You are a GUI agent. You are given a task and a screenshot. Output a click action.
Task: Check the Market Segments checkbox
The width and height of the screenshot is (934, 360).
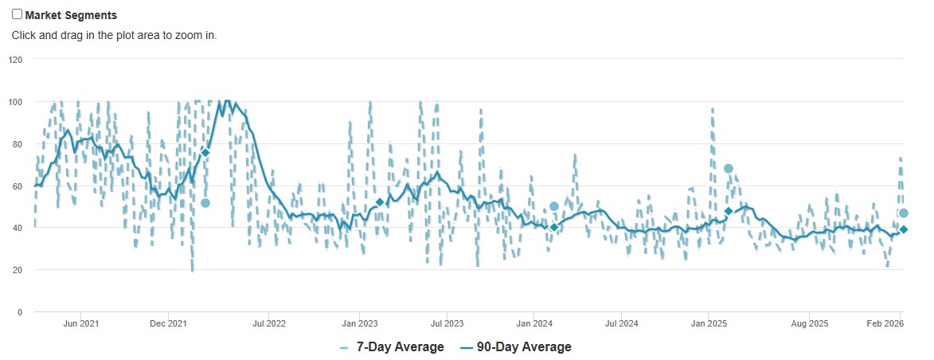[17, 14]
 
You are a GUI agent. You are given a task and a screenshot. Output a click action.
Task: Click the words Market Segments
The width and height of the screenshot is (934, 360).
[71, 15]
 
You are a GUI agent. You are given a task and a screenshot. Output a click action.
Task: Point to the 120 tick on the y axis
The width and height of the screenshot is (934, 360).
[16, 60]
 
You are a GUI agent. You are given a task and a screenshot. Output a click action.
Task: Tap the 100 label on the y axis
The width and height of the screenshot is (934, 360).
[16, 102]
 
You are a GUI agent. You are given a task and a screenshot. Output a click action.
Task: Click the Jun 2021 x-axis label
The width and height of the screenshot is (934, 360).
[81, 323]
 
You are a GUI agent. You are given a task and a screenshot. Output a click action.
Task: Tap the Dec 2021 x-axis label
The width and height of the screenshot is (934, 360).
[168, 323]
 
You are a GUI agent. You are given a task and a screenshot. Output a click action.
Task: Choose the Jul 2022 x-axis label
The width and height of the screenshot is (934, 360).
[269, 323]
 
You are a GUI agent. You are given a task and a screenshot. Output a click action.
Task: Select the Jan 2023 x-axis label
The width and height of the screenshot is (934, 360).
[360, 323]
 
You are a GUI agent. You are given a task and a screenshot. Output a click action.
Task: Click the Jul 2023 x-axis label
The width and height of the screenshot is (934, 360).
[447, 323]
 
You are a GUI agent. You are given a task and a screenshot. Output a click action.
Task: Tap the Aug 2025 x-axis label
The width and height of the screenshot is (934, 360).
[809, 323]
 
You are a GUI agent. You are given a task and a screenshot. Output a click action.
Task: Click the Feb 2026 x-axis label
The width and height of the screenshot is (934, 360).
[885, 323]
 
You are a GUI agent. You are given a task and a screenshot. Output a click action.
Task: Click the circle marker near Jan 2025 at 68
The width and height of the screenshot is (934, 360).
[728, 168]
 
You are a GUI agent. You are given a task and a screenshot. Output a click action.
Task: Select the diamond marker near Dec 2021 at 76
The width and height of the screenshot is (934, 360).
[205, 152]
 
